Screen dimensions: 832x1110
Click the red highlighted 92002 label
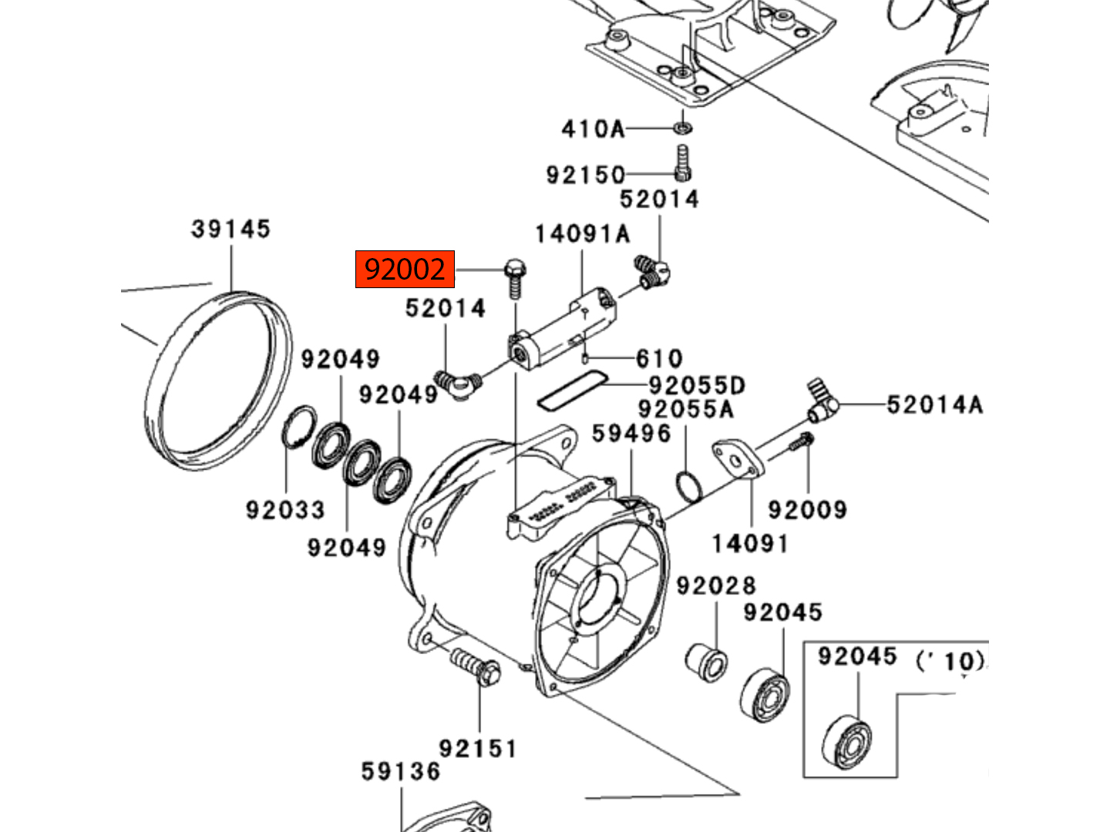click(405, 270)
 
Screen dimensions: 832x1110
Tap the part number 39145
click(230, 229)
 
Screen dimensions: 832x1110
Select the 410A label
click(592, 129)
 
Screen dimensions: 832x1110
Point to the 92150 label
click(585, 175)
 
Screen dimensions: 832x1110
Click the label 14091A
click(582, 233)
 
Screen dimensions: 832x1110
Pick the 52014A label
click(934, 404)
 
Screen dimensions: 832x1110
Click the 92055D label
click(697, 384)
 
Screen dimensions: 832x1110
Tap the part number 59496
click(631, 434)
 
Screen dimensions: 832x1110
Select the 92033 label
click(285, 509)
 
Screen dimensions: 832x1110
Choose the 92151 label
click(478, 748)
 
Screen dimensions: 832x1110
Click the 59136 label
click(401, 771)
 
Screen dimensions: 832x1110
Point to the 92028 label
click(716, 586)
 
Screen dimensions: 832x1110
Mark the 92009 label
click(807, 509)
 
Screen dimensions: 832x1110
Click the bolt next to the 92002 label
click(515, 278)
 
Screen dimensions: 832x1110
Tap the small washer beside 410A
click(682, 126)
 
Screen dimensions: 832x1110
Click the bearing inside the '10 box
click(846, 741)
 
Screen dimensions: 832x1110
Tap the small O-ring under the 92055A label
click(688, 485)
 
